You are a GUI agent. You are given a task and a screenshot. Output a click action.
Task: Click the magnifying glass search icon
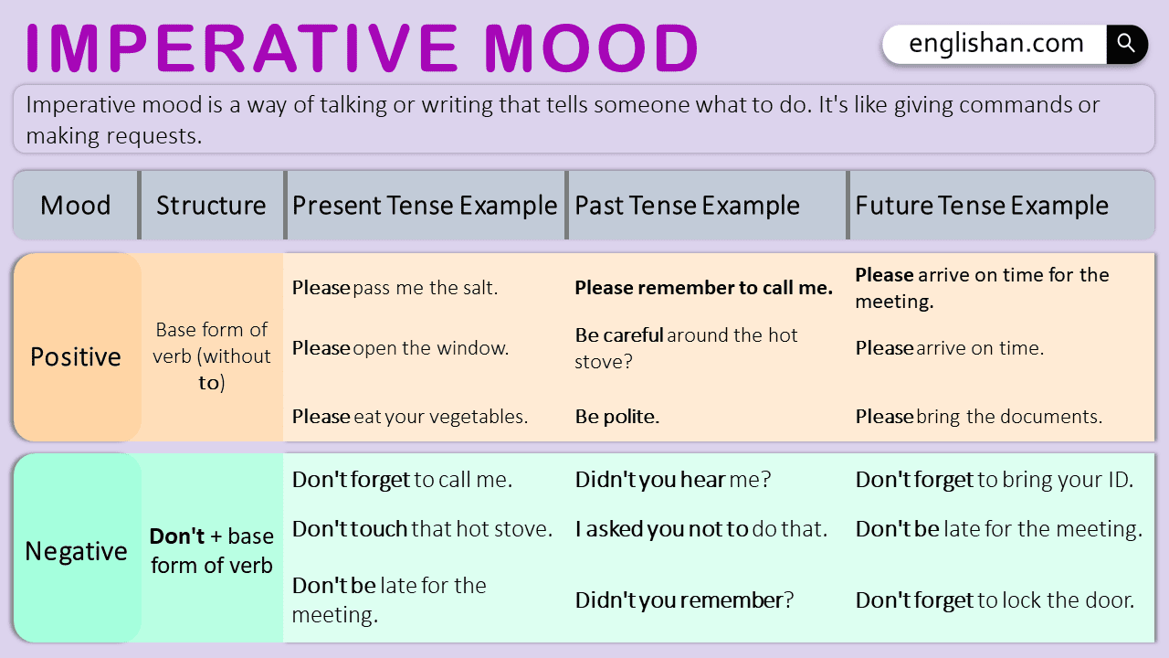1126,44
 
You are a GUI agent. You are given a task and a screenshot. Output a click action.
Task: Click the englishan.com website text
996,43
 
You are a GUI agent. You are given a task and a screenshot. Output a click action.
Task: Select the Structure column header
211,206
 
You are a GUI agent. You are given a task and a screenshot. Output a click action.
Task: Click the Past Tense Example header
687,206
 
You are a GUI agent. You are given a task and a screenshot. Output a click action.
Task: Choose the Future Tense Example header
982,206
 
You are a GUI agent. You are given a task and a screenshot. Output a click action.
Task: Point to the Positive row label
76,356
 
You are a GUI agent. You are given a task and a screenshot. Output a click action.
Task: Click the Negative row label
76,551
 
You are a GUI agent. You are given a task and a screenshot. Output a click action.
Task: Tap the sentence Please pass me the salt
395,288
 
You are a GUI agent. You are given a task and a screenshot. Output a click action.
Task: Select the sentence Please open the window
400,348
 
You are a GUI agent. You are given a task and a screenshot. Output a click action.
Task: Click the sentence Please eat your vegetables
410,417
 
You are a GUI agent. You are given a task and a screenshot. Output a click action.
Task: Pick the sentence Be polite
616,417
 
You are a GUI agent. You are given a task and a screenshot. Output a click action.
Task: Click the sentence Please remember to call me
703,288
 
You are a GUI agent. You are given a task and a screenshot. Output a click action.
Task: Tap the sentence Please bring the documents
978,417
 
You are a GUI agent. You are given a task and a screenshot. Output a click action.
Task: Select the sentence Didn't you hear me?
673,479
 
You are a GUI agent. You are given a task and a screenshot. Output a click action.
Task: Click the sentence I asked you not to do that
700,528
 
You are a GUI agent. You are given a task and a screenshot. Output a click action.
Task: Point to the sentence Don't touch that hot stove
422,528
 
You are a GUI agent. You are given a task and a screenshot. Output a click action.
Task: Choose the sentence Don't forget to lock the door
995,600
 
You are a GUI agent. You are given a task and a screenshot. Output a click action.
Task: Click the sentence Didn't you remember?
684,600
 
